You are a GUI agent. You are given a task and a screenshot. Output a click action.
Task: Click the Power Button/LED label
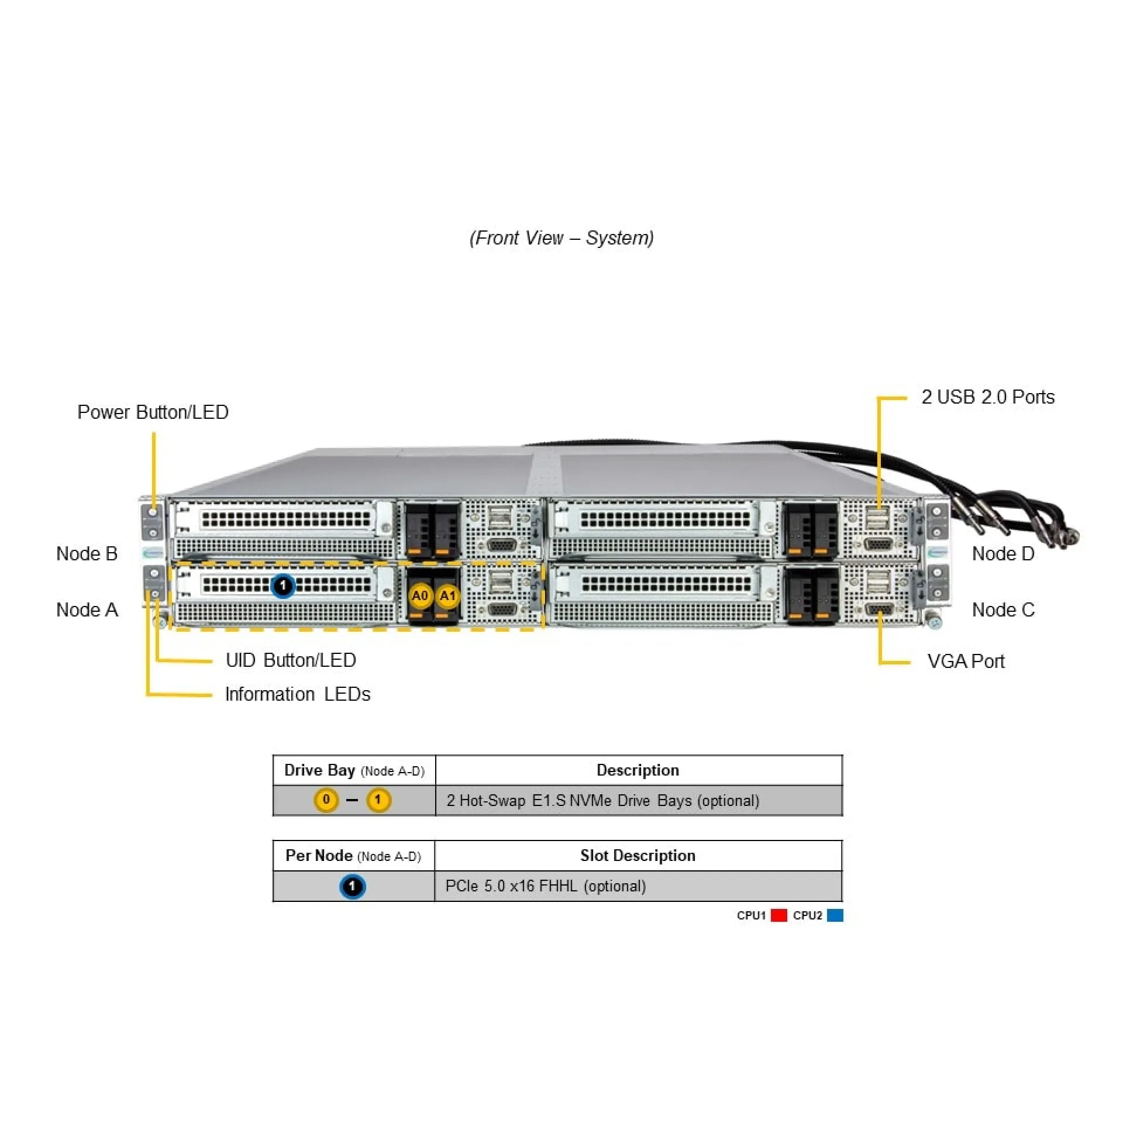click(x=153, y=412)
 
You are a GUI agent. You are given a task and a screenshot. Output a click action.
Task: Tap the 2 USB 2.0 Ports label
click(x=987, y=397)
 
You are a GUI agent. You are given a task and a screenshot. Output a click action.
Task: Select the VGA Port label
click(x=965, y=662)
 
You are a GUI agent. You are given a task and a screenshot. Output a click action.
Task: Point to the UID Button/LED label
click(x=291, y=660)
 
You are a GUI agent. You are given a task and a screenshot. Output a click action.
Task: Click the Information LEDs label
click(x=297, y=694)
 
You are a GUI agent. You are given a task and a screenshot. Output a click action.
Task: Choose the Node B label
click(x=87, y=553)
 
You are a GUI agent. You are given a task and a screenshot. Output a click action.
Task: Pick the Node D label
click(x=1003, y=553)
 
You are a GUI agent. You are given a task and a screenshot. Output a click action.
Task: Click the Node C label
click(x=1003, y=609)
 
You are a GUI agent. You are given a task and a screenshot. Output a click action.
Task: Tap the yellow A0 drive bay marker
click(x=420, y=596)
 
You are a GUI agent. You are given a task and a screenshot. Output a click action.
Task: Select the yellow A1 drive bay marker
click(x=447, y=596)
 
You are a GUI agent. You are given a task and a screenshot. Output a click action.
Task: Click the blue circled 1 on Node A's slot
click(x=283, y=585)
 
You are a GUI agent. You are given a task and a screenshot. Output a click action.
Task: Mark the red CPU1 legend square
click(x=778, y=915)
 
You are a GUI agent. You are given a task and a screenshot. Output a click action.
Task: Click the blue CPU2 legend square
click(x=835, y=915)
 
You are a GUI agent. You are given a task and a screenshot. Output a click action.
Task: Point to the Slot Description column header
click(x=638, y=856)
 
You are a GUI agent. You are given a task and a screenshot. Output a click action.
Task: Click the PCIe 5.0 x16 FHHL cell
click(x=545, y=886)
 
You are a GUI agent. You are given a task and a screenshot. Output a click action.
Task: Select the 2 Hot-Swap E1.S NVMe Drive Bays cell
click(x=602, y=801)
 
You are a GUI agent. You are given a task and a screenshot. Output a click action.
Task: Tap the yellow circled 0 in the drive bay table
click(x=326, y=800)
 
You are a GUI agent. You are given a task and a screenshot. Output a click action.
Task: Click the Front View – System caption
click(x=561, y=238)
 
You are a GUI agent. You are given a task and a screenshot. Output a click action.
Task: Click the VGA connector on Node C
click(x=878, y=610)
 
